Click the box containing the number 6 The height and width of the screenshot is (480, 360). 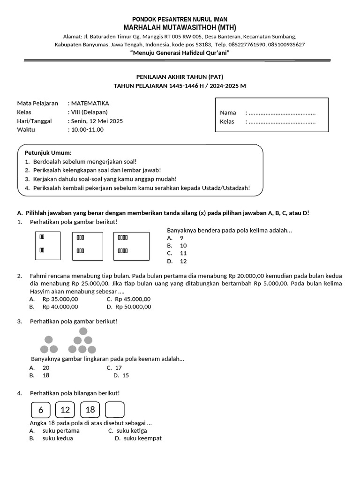point(41,410)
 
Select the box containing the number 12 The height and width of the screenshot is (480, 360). point(65,410)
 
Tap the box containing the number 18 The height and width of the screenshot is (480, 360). point(90,410)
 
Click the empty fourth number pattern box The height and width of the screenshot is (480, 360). point(115,410)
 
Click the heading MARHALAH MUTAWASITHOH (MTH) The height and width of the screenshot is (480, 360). point(180,27)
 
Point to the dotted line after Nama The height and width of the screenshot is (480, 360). point(282,113)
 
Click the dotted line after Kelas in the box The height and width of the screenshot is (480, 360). point(282,122)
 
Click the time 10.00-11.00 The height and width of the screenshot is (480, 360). point(87,129)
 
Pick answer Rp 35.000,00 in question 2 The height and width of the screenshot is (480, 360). point(60,299)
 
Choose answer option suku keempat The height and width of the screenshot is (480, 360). point(142,438)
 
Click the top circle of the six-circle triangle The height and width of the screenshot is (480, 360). point(82,331)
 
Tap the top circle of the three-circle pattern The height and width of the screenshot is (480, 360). point(49,340)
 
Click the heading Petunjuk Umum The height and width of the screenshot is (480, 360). point(48,153)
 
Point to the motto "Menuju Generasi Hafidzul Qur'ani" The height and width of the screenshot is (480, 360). point(180,53)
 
